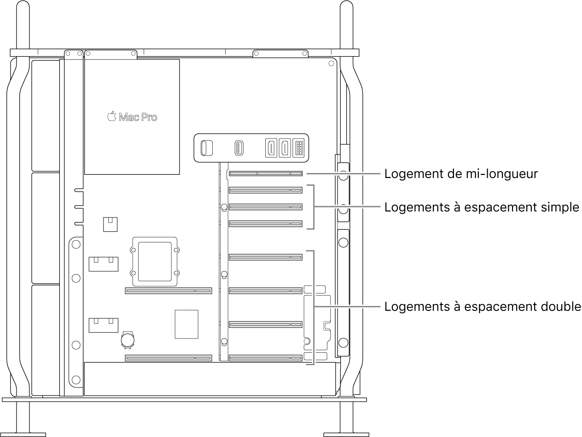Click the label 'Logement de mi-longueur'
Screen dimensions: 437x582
tap(461, 174)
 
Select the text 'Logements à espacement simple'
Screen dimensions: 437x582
tap(482, 207)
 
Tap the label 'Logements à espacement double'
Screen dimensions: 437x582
tap(483, 307)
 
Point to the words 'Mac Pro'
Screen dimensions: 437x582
tap(138, 117)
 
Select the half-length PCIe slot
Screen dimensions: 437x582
tap(266, 174)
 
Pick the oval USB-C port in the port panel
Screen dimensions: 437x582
tap(239, 148)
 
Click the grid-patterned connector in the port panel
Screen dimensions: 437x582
tap(299, 148)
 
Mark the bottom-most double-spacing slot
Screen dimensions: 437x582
tap(266, 357)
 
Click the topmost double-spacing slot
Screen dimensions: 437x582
tap(266, 257)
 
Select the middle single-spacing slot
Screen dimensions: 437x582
tap(266, 207)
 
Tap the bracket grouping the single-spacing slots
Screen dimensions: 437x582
tap(314, 207)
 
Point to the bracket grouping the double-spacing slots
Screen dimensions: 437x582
tap(314, 307)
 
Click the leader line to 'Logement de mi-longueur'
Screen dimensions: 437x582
tap(343, 174)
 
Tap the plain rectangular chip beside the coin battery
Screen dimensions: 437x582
tap(186, 324)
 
